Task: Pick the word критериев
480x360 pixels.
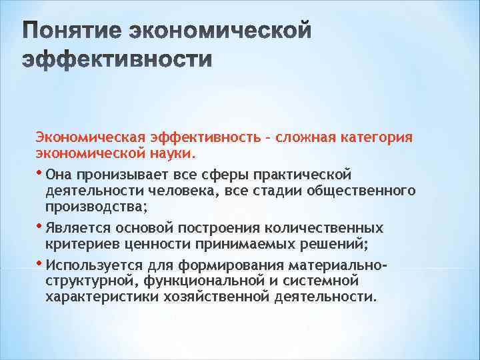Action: (77, 244)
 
